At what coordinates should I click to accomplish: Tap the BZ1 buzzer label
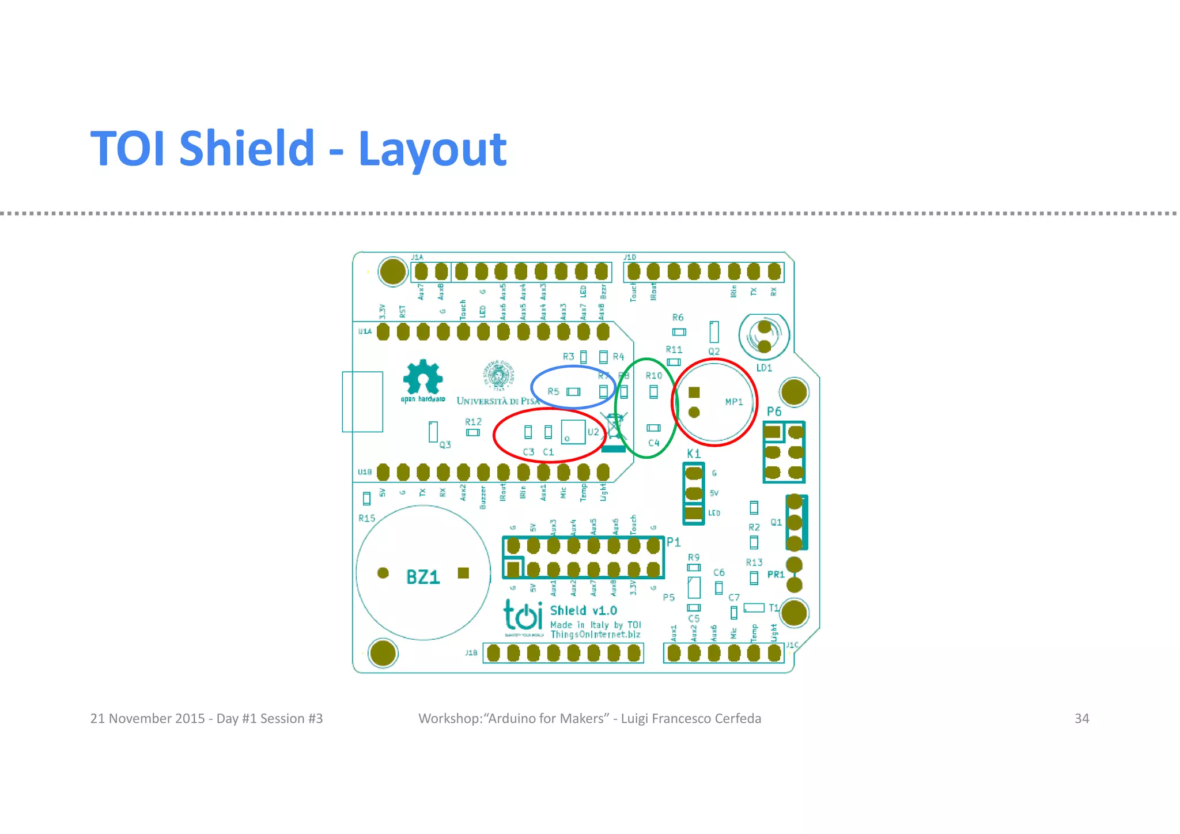[x=423, y=577]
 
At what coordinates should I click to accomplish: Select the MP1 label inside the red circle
[x=733, y=402]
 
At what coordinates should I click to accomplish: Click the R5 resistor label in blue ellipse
[x=553, y=391]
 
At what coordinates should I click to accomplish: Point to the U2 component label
[x=593, y=432]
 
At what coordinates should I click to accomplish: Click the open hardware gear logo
[x=423, y=378]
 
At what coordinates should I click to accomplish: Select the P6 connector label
[x=774, y=412]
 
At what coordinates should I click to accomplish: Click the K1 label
[x=694, y=454]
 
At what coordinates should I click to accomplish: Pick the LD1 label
[x=764, y=368]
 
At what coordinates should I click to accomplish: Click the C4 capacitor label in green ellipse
[x=653, y=443]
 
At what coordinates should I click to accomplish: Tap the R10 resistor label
[x=653, y=376]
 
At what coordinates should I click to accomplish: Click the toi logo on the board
[x=523, y=616]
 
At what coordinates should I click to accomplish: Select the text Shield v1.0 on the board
[x=583, y=611]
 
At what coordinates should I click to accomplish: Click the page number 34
[x=1081, y=719]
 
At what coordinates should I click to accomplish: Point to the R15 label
[x=366, y=518]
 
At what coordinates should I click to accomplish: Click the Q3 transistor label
[x=445, y=445]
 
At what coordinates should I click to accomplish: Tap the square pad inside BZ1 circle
[x=463, y=573]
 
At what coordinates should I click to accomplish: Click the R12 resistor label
[x=473, y=422]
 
